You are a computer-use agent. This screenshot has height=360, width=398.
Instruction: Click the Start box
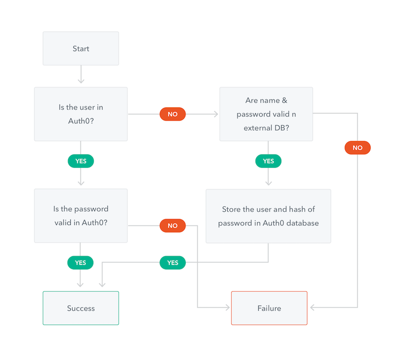pos(81,49)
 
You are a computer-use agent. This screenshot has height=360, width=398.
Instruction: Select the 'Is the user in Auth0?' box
pos(81,114)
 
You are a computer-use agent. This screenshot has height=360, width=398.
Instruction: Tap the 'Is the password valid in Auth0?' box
pos(81,216)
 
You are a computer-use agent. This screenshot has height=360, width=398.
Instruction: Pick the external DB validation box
pos(266,114)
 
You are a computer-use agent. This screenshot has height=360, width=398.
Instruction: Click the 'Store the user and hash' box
pos(268,216)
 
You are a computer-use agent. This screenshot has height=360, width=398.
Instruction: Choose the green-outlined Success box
pos(81,308)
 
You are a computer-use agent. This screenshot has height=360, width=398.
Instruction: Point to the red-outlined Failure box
pos(269,308)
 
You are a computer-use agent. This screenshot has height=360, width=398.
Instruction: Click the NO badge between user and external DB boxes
pos(172,114)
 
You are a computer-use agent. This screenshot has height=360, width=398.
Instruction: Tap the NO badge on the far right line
pos(357,148)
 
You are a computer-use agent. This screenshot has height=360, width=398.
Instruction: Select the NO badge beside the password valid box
pos(172,226)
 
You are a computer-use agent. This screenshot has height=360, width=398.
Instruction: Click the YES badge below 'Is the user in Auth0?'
pos(81,161)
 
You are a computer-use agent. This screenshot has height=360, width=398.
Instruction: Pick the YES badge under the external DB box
pos(268,161)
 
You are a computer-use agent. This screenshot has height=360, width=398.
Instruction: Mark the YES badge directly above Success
pos(80,263)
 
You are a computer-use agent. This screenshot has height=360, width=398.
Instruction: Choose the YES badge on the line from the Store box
pos(172,263)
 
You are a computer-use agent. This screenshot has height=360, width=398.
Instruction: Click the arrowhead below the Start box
pos(81,81)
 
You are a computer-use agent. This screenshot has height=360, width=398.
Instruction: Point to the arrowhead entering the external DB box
pos(216,114)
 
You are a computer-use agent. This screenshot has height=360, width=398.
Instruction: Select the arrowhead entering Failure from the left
pos(228,307)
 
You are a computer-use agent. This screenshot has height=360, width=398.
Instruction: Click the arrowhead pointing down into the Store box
pos(268,183)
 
